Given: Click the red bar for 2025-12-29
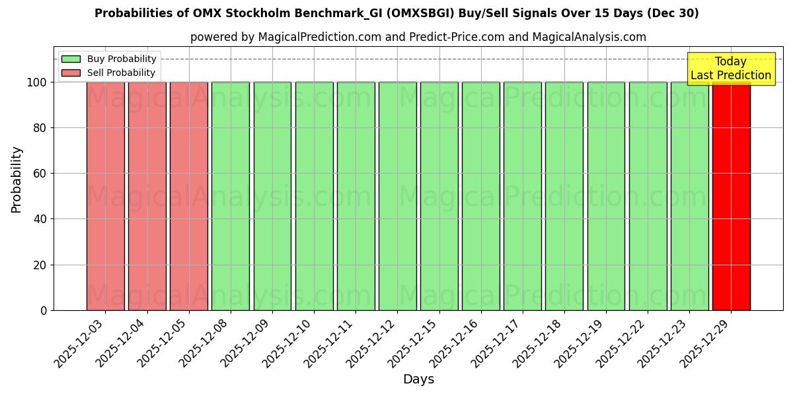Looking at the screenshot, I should [731, 196].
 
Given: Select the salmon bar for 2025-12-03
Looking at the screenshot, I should [105, 196].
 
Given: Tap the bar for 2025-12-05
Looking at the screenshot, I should [189, 196].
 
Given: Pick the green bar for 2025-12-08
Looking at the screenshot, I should [231, 196].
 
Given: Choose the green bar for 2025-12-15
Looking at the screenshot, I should [439, 196].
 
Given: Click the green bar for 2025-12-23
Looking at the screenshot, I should [689, 196].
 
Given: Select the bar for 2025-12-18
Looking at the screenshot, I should [564, 196].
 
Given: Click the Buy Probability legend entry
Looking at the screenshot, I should [109, 59].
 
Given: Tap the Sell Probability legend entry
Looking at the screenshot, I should [109, 73].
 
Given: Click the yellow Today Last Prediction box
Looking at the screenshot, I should [731, 69].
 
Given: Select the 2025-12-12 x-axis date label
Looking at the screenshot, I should [373, 343].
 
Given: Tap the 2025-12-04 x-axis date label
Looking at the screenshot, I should [122, 343].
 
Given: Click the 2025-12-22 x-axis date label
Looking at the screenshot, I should [623, 343].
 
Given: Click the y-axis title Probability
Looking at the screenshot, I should [17, 179].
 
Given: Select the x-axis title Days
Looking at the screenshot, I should [418, 379].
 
